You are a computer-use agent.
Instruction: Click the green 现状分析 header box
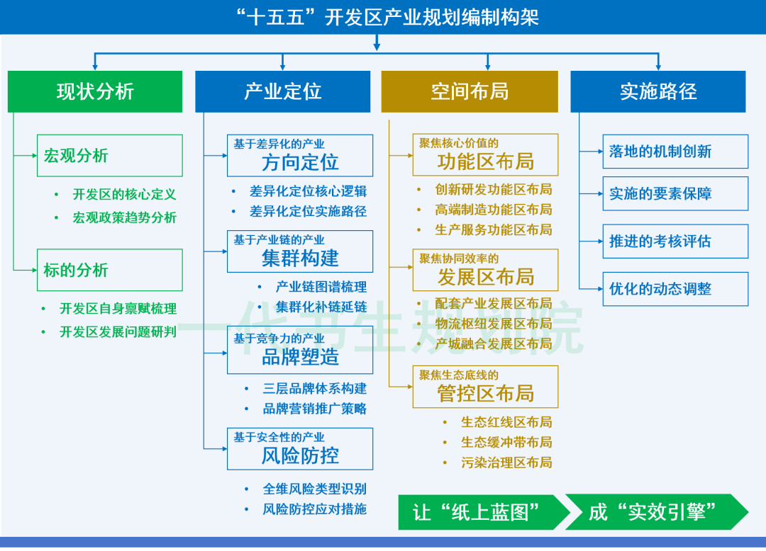(95, 91)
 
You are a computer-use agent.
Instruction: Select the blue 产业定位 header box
(282, 91)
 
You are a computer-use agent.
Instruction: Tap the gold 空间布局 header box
(470, 91)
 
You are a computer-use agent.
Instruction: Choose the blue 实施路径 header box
(657, 91)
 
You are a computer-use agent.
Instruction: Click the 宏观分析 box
(109, 156)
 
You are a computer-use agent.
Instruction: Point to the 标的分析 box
(109, 270)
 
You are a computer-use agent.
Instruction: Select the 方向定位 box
(299, 156)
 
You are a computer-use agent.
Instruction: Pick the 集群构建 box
(299, 251)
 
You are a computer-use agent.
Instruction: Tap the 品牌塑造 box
(299, 350)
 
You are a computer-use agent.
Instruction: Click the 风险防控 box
(299, 448)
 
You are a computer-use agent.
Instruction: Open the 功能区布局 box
(485, 155)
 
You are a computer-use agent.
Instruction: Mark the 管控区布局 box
(485, 387)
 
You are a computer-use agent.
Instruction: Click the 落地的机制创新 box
(675, 152)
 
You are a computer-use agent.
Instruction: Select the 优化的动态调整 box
(675, 289)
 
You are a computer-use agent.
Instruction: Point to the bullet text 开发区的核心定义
(124, 195)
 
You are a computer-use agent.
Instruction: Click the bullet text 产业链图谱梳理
(321, 287)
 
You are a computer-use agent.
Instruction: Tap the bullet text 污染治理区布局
(506, 462)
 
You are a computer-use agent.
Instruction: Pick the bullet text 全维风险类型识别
(314, 489)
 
